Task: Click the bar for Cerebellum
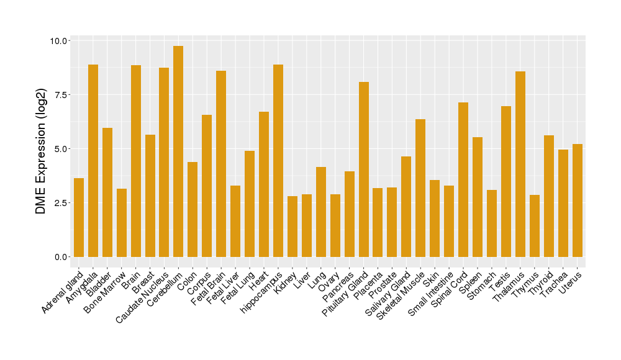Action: coord(178,151)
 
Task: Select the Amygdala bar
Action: coord(93,161)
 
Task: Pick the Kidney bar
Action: coord(292,227)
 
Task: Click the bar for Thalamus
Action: coord(520,164)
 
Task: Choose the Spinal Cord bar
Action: coord(463,179)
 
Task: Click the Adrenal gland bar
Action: coord(79,217)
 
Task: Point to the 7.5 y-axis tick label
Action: coord(61,95)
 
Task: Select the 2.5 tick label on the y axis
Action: coord(61,203)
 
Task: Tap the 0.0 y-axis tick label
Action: coord(61,257)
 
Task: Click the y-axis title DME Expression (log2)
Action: coord(41,149)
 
